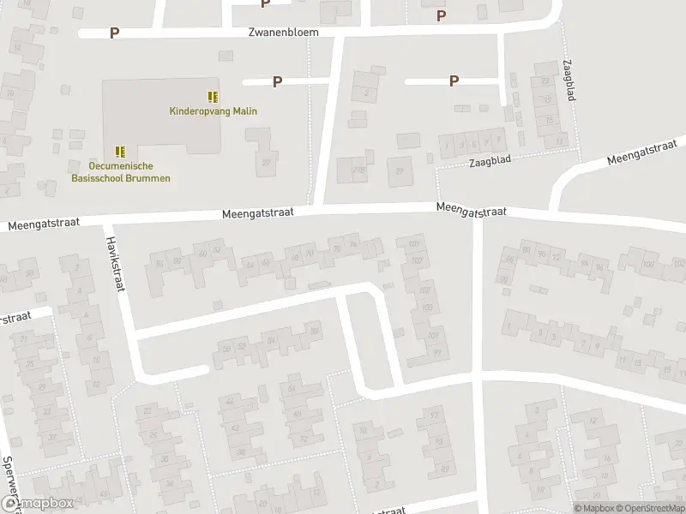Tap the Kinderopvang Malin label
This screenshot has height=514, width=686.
click(213, 111)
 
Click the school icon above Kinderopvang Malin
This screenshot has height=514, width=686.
click(213, 97)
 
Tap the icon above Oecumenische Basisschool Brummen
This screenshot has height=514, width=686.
click(121, 151)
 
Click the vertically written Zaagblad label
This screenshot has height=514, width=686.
click(569, 81)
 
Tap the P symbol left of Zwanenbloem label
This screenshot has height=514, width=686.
click(114, 33)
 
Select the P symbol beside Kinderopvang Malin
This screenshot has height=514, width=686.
click(277, 81)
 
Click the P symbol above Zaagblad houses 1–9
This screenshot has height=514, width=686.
click(454, 81)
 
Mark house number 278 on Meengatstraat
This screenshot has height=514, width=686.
click(358, 170)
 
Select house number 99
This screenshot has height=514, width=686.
click(436, 352)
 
